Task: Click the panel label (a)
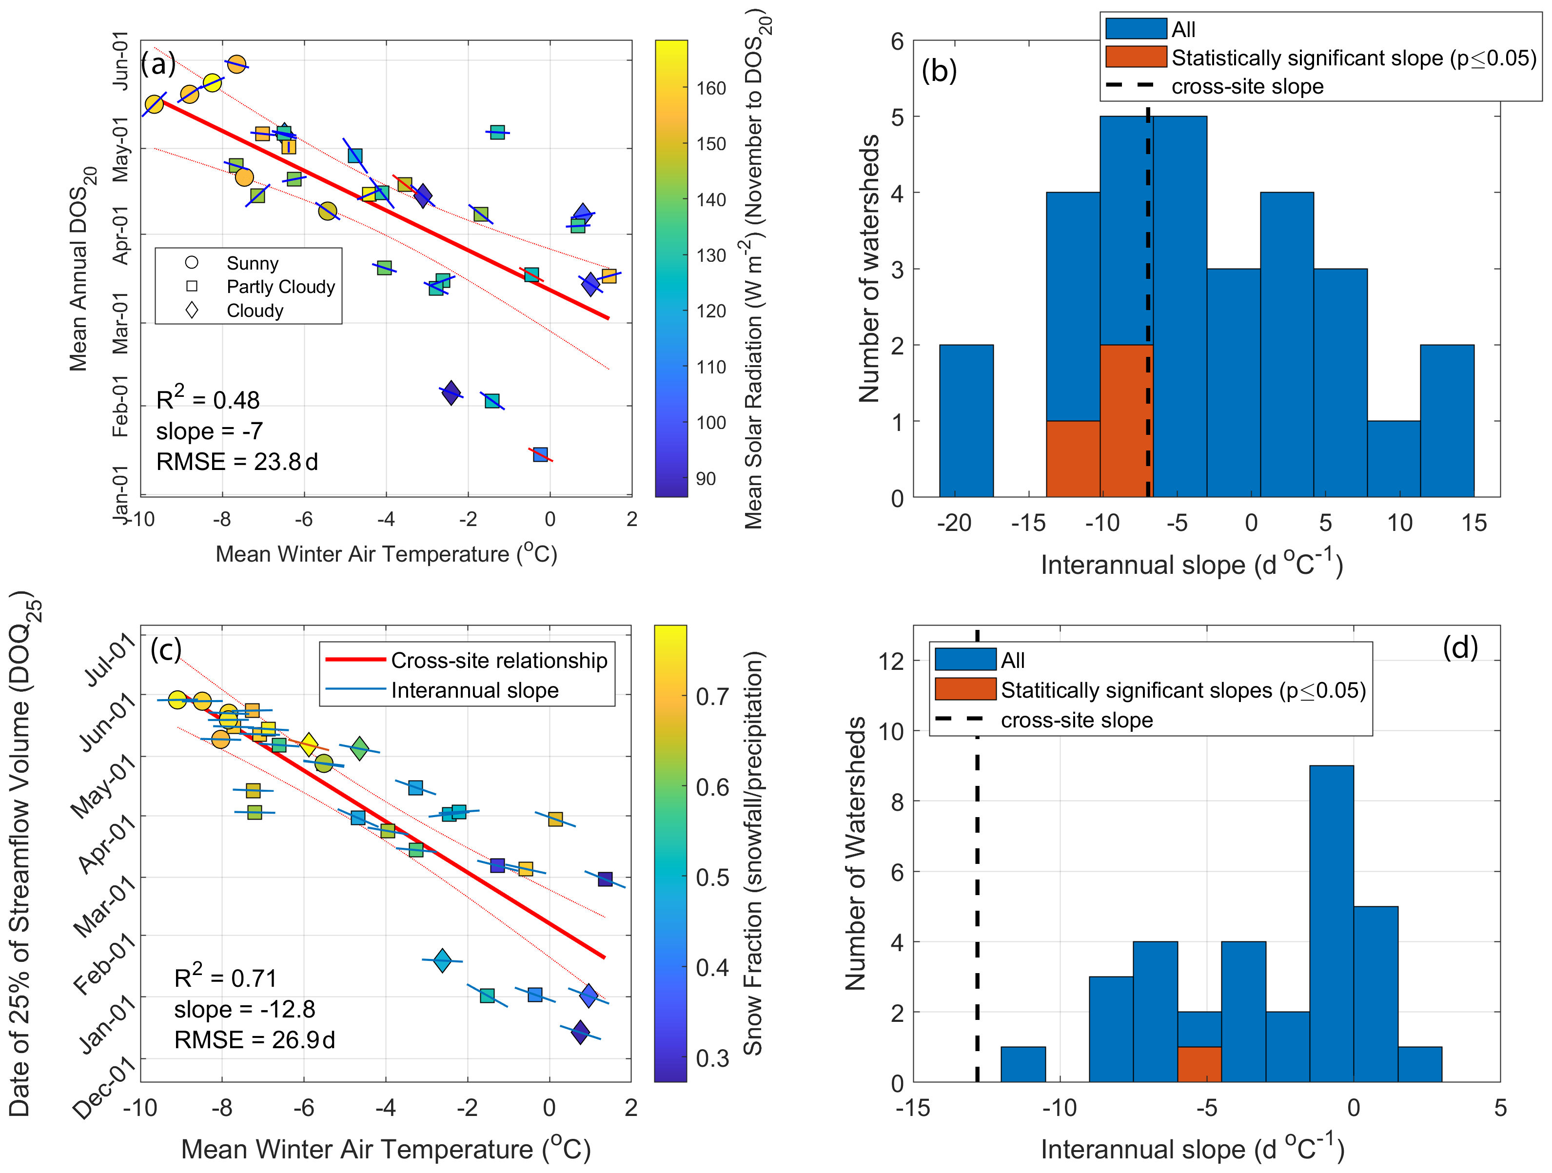pyautogui.click(x=158, y=64)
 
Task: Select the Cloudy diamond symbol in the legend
pyautogui.click(x=192, y=310)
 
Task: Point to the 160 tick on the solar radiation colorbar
pyautogui.click(x=711, y=88)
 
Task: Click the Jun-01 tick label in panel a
pyautogui.click(x=121, y=60)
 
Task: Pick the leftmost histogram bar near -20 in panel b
pyautogui.click(x=966, y=421)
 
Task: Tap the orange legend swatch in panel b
pyautogui.click(x=1135, y=57)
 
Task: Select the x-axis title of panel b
pyautogui.click(x=1191, y=564)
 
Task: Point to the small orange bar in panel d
pyautogui.click(x=1199, y=1064)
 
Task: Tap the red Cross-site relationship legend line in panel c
pyautogui.click(x=356, y=660)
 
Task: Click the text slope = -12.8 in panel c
pyautogui.click(x=244, y=1009)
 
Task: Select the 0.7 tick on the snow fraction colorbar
pyautogui.click(x=712, y=697)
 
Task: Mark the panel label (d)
pyautogui.click(x=1460, y=647)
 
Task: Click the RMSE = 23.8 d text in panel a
pyautogui.click(x=236, y=462)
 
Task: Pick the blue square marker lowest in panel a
pyautogui.click(x=540, y=454)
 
